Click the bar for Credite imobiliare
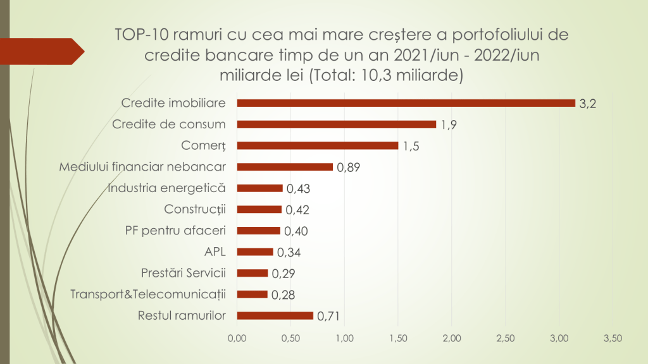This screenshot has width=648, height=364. pyautogui.click(x=406, y=103)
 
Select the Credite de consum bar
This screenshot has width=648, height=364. pyautogui.click(x=336, y=124)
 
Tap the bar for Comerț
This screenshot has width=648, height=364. pyautogui.click(x=317, y=145)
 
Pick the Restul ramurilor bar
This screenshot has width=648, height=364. pyautogui.click(x=275, y=315)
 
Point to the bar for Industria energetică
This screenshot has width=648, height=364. pyautogui.click(x=259, y=188)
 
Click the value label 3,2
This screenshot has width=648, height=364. pyautogui.click(x=588, y=104)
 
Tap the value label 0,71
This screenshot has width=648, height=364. pyautogui.click(x=329, y=317)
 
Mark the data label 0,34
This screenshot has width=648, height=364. pyautogui.click(x=288, y=253)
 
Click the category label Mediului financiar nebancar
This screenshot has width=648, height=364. pyautogui.click(x=142, y=167)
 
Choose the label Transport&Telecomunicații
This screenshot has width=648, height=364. pyautogui.click(x=148, y=294)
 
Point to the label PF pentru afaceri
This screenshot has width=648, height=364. pyautogui.click(x=175, y=231)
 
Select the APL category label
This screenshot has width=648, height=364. pyautogui.click(x=215, y=252)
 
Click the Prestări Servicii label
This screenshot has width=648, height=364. pyautogui.click(x=184, y=273)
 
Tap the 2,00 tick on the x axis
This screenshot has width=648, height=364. pyautogui.click(x=452, y=338)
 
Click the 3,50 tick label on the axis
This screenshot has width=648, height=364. pyautogui.click(x=613, y=338)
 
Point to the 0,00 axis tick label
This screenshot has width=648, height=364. pyautogui.click(x=237, y=338)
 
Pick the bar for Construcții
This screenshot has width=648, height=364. pyautogui.click(x=259, y=209)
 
